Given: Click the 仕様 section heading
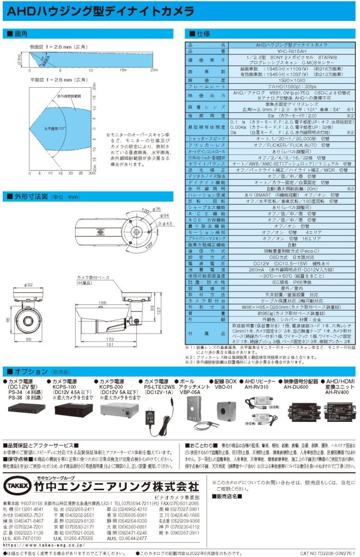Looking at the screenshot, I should click(x=203, y=34).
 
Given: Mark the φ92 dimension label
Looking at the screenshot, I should click(x=29, y=285).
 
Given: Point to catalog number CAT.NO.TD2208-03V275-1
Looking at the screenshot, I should click(x=328, y=553).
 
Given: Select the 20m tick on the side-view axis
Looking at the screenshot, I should click(x=154, y=70).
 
